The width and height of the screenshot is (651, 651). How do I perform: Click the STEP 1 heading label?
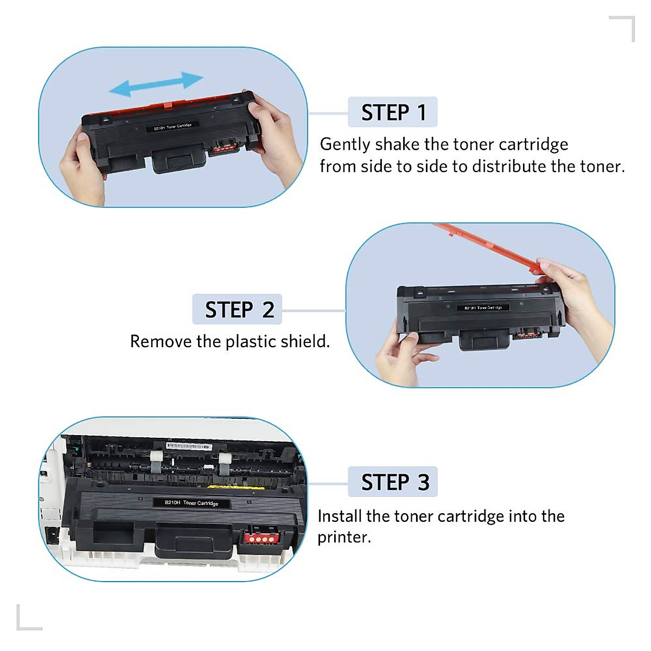[393, 112]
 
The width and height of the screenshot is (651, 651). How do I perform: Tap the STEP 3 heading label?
[393, 482]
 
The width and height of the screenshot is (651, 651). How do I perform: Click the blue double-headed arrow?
[156, 83]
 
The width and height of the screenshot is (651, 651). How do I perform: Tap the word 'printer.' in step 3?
[344, 537]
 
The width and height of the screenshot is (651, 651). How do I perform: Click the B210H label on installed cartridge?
[192, 503]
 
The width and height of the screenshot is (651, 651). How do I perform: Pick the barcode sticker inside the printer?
[188, 446]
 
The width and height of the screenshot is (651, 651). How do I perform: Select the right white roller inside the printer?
[225, 462]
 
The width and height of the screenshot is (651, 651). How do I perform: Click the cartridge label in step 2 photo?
[483, 308]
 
